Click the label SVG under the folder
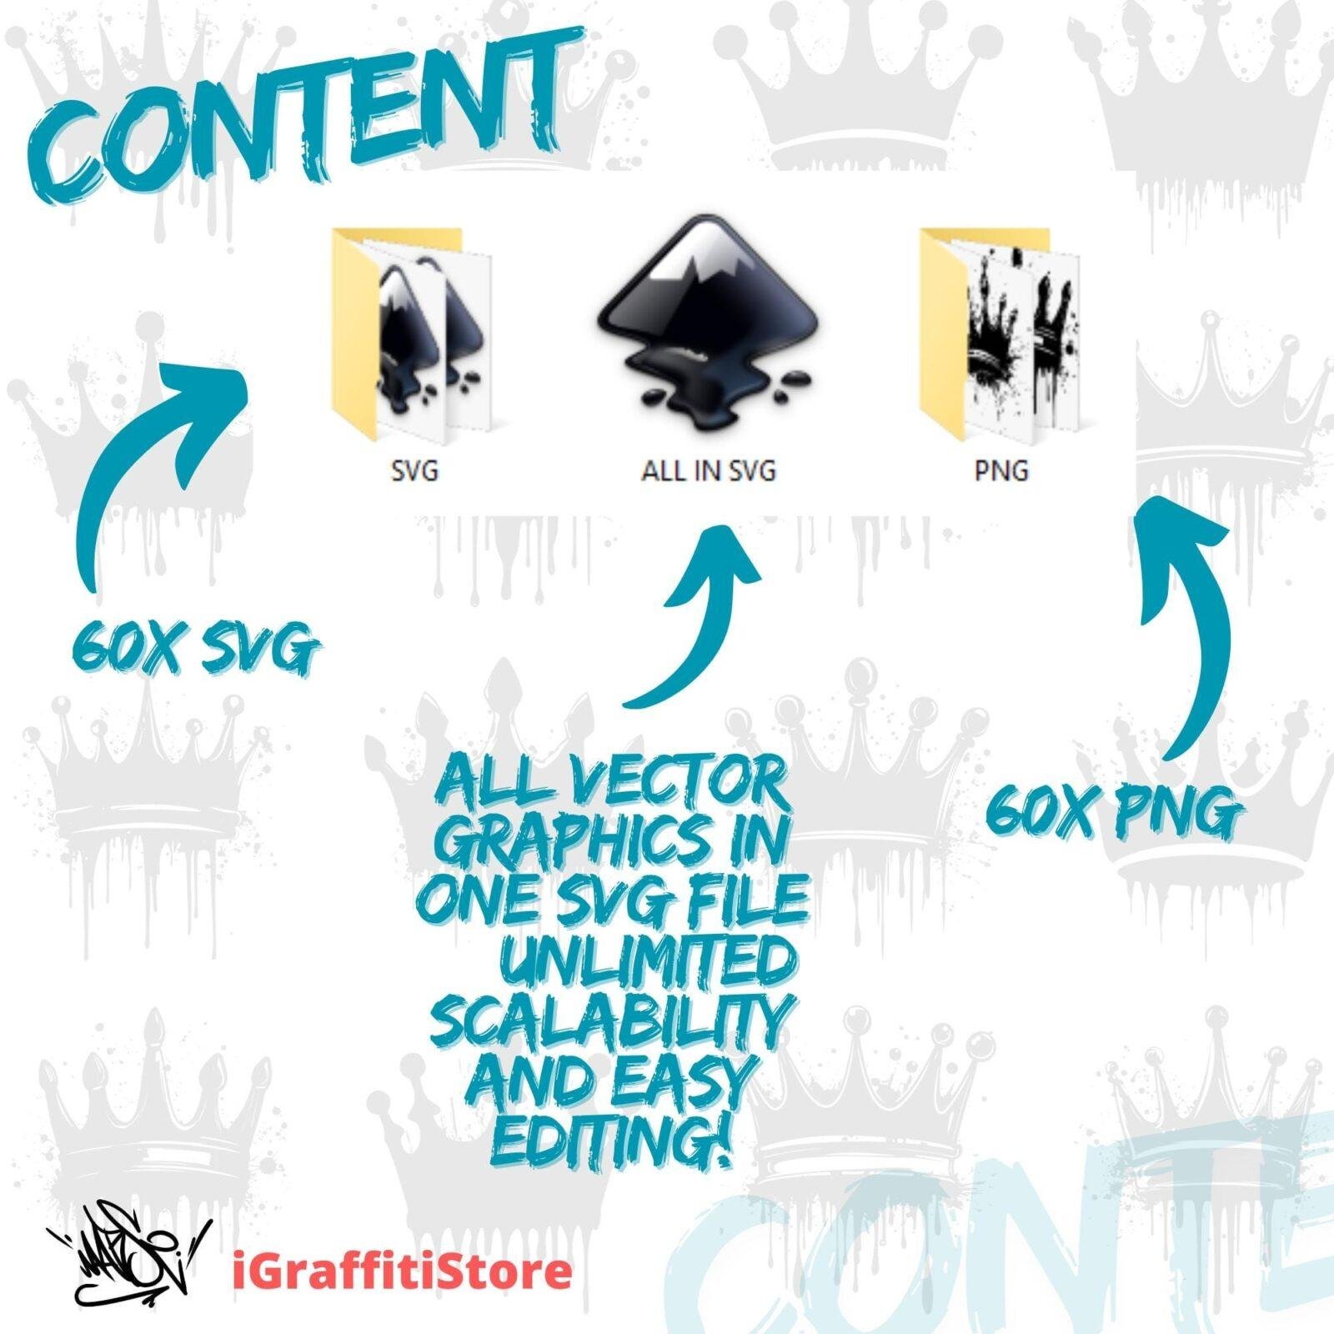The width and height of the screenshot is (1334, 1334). point(414,471)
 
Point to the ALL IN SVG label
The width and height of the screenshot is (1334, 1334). point(708,471)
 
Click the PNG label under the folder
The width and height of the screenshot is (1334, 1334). point(1001,471)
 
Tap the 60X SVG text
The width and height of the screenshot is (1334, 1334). point(195,649)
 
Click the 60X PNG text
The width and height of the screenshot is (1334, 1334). point(1110,813)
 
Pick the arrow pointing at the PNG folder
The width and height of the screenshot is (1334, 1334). point(1184,617)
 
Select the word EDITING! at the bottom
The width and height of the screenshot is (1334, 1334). point(609,1139)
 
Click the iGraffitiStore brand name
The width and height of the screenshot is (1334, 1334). point(401,1272)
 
